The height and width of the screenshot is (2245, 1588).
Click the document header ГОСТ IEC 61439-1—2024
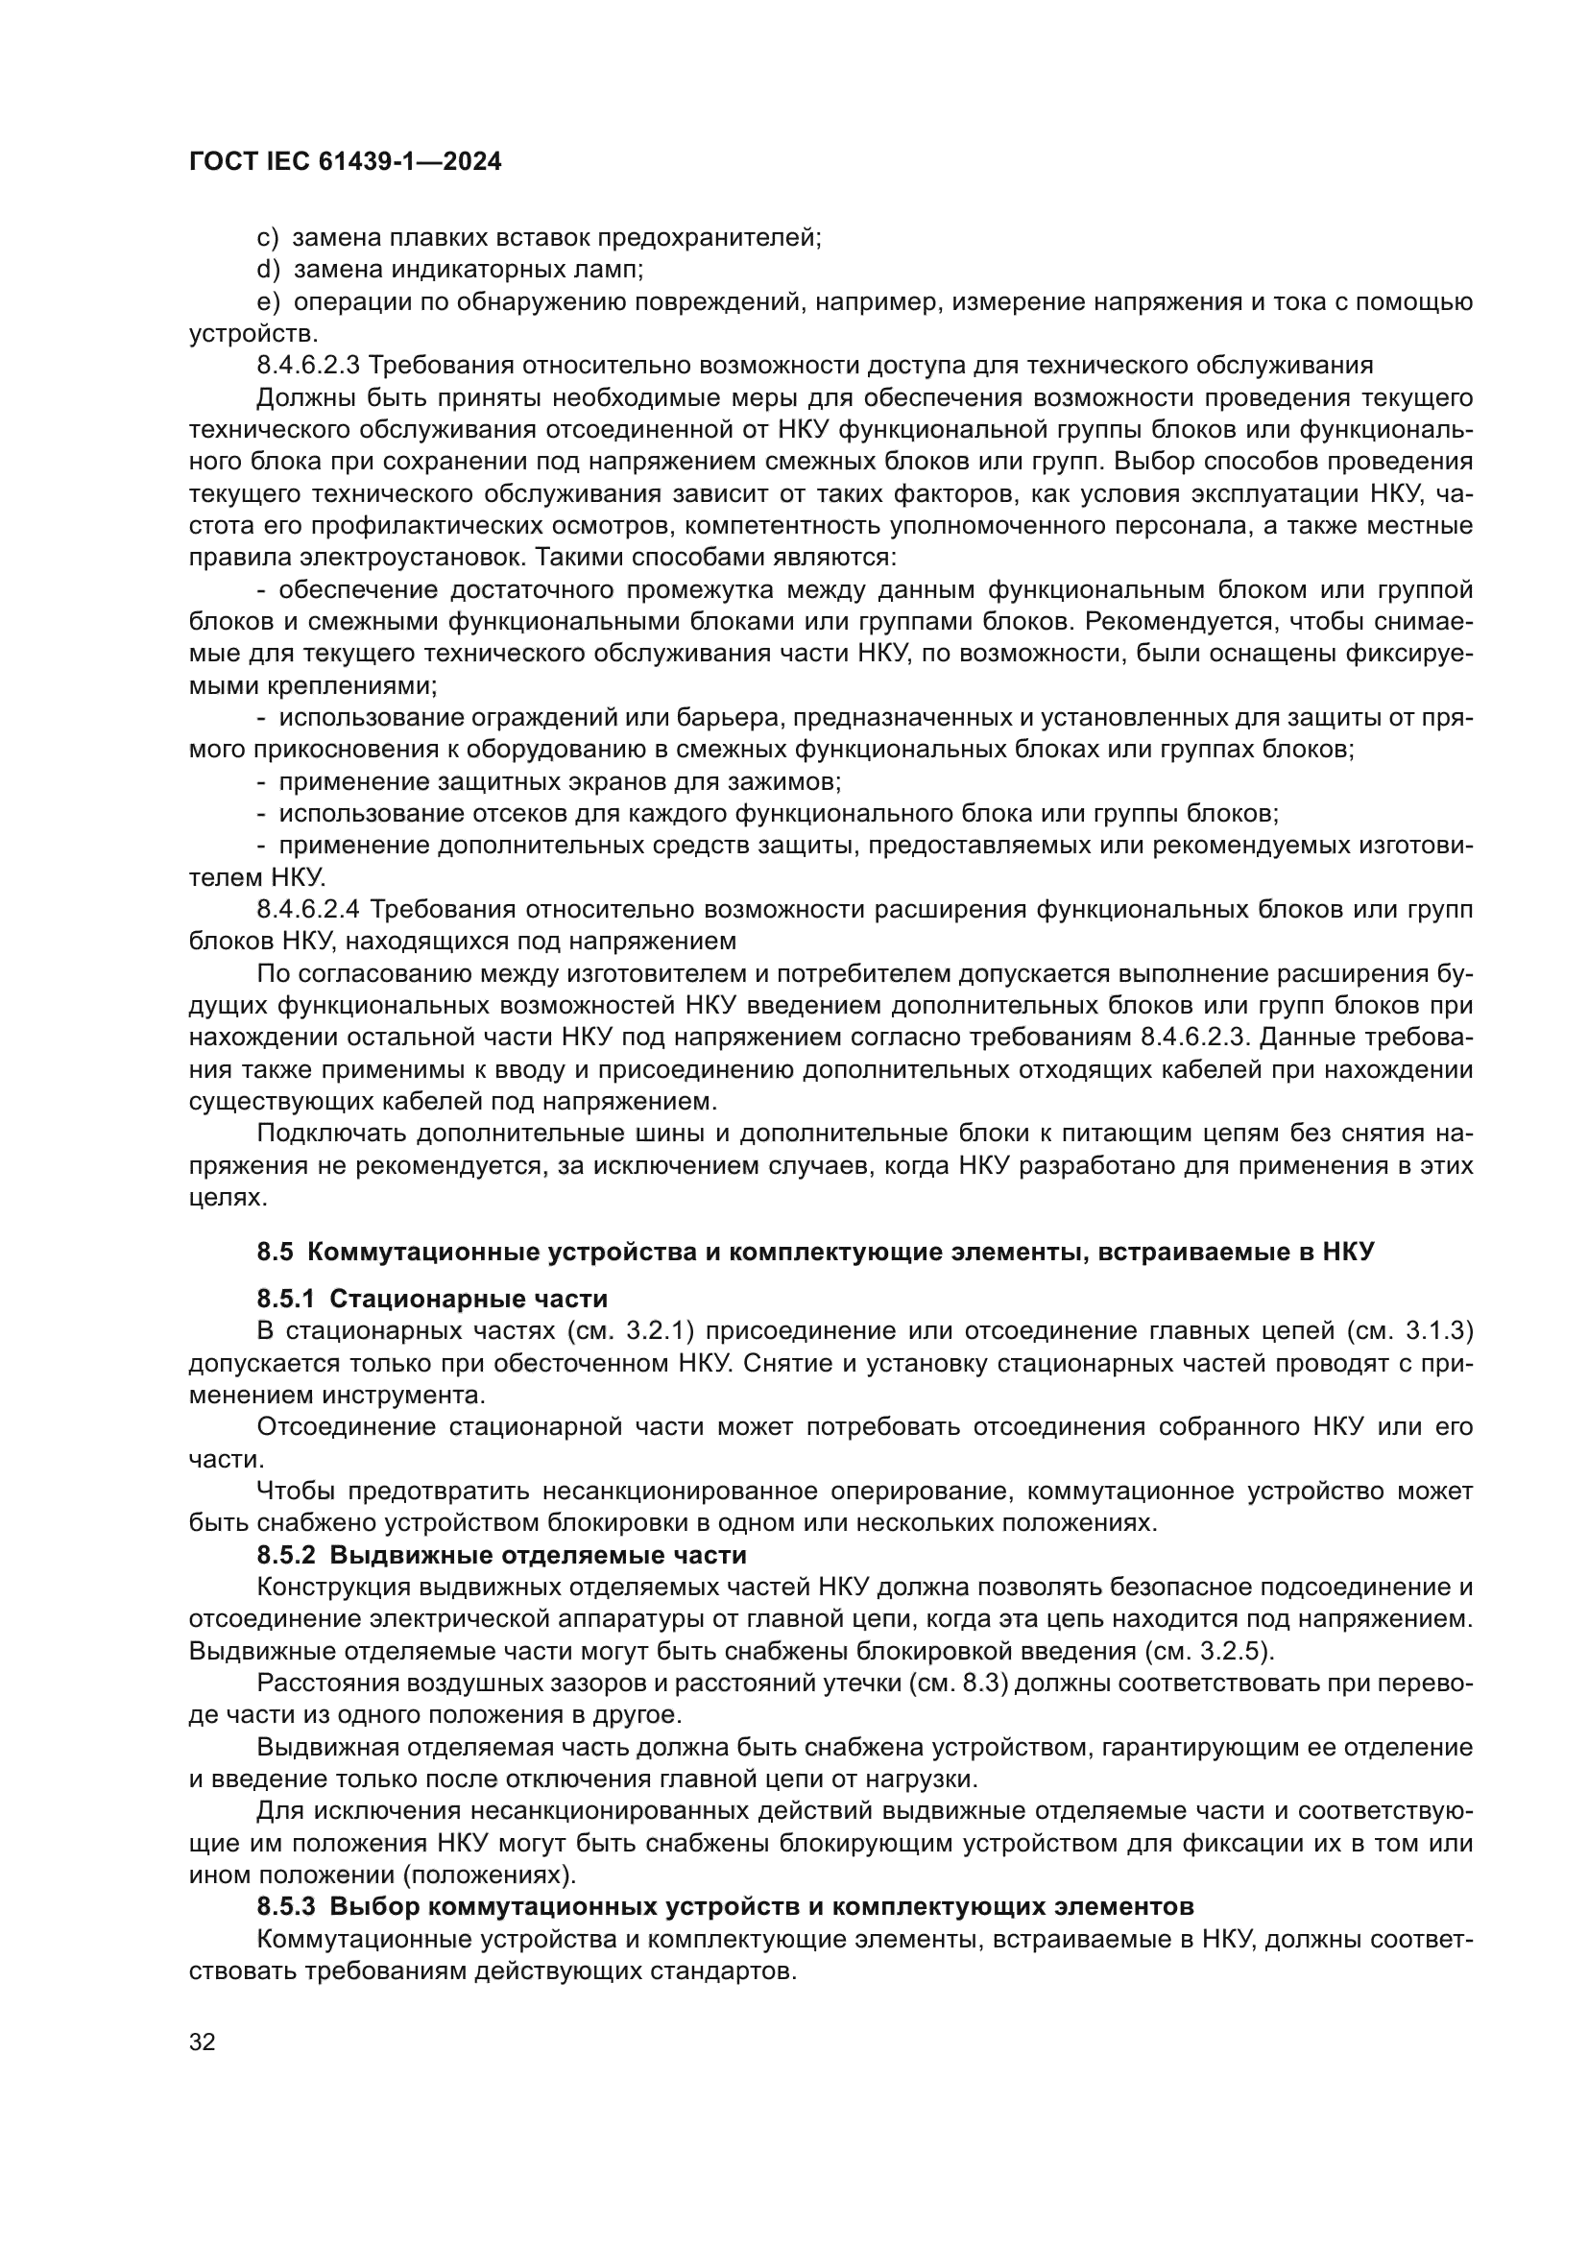346,163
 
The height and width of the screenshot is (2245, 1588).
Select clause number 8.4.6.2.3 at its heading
309,366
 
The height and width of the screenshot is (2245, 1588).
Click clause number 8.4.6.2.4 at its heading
309,910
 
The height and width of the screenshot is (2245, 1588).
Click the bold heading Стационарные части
469,1300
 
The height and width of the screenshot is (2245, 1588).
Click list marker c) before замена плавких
267,238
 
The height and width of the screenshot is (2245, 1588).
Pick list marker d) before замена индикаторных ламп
267,270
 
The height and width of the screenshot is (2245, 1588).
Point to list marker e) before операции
267,302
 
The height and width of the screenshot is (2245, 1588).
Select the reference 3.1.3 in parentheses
1437,1332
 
